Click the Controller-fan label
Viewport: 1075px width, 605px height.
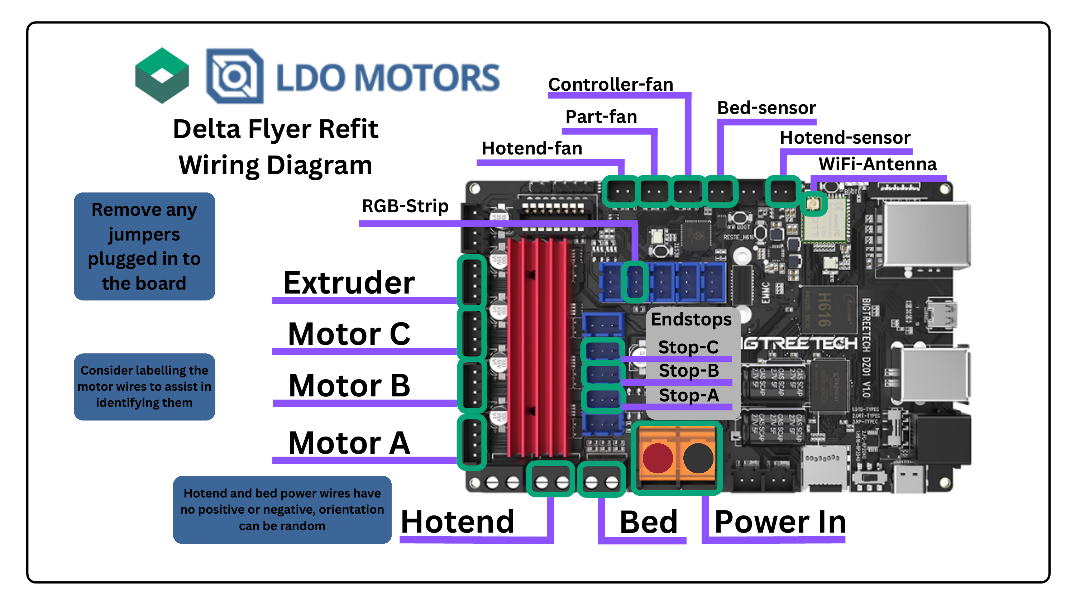point(610,84)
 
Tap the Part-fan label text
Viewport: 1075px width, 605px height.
point(601,116)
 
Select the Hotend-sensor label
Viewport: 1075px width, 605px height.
point(845,137)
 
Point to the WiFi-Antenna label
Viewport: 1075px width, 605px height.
point(877,164)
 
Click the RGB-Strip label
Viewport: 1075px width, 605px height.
point(405,206)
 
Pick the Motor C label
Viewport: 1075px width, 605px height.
point(349,334)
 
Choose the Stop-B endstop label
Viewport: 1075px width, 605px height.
point(689,370)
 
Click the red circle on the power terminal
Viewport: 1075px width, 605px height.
point(657,458)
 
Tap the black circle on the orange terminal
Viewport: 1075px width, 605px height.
point(698,458)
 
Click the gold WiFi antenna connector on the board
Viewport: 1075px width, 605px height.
point(813,204)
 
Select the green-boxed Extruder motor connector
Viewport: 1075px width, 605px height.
point(472,281)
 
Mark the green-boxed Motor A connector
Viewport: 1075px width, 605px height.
point(472,442)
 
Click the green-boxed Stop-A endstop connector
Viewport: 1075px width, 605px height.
point(603,399)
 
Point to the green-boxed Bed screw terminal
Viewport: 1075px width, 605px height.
point(601,482)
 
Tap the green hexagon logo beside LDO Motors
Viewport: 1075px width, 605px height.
point(162,76)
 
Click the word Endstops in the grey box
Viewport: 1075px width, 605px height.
point(691,319)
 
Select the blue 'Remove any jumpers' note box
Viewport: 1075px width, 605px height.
point(144,246)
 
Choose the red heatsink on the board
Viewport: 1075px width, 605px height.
point(538,347)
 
